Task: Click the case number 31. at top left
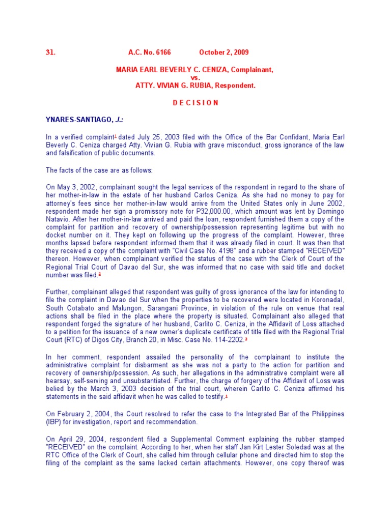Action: click(50, 52)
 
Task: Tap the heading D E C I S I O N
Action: click(195, 102)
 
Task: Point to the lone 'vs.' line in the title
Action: click(195, 78)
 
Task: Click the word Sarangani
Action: click(183, 308)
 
